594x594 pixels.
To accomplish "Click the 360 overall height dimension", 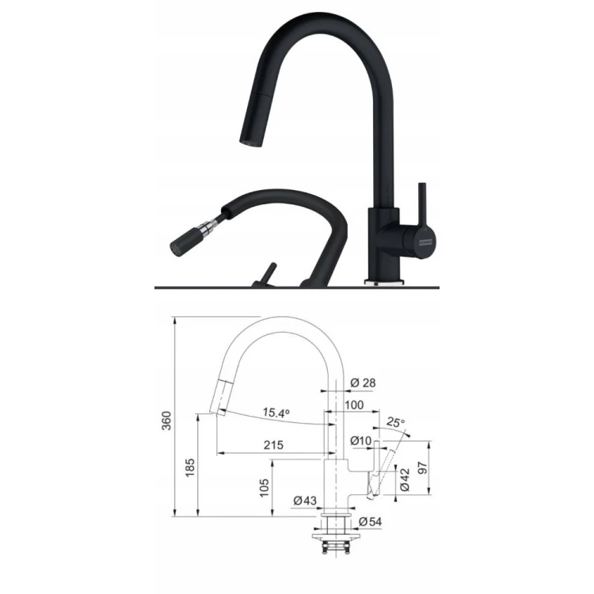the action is pos(166,420).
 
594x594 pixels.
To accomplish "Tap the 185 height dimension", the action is pos(190,467).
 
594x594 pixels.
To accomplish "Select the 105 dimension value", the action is pos(265,488).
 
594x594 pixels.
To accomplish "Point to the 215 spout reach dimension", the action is pos(273,445).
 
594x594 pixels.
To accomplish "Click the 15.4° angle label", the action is pos(276,413).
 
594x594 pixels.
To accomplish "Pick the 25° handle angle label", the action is pos(396,422).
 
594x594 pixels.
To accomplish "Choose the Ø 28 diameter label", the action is pos(363,383).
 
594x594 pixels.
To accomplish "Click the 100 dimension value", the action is pos(354,405).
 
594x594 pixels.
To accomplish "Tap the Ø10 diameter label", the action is pos(360,440).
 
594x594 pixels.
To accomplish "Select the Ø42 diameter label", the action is pos(404,479).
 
